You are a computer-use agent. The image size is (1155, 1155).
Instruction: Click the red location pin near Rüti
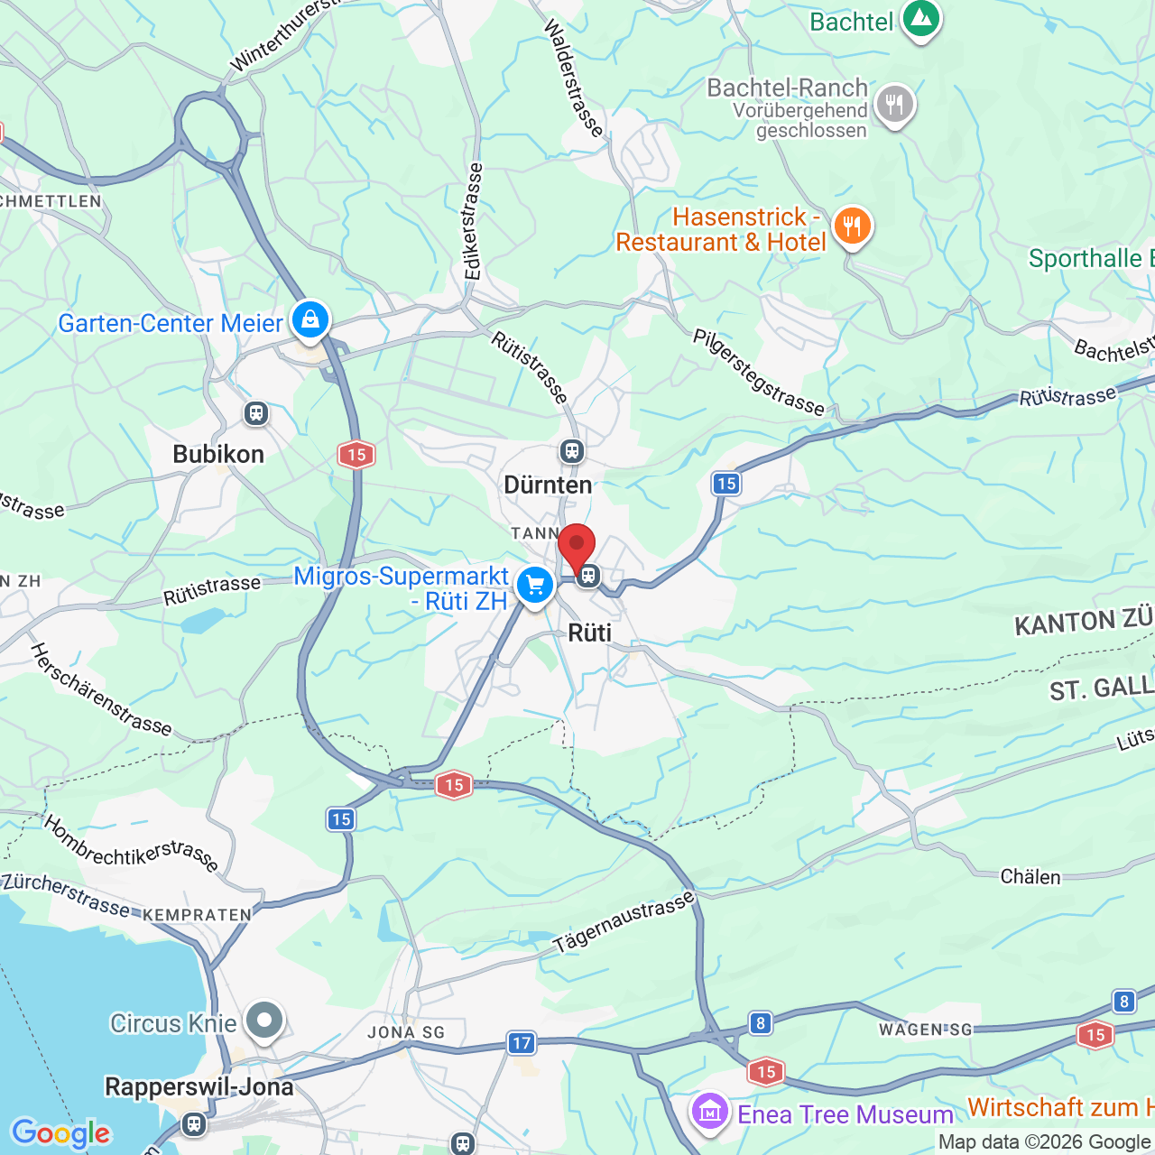577,546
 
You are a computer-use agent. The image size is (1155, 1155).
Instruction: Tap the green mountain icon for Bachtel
920,18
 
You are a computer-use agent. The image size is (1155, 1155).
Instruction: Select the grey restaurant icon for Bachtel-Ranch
894,105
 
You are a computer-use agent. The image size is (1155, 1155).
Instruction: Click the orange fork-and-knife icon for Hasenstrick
852,226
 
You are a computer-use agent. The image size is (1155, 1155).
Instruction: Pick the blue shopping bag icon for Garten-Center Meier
310,319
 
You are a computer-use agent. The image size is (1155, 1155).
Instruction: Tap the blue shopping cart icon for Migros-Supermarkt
535,587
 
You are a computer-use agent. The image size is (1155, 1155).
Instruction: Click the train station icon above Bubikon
256,413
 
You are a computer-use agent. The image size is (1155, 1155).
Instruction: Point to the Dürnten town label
548,485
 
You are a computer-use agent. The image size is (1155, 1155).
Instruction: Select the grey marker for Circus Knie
264,1021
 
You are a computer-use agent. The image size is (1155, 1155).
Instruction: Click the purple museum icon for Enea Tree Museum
710,1112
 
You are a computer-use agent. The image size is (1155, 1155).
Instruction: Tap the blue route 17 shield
522,1043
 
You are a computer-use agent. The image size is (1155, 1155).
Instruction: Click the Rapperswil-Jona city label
199,1086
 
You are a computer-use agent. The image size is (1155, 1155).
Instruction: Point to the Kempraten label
197,915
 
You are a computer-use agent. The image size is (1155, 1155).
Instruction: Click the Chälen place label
1030,877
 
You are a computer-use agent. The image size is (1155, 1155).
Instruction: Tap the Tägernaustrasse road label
624,921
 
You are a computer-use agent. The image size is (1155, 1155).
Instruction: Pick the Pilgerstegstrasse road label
758,373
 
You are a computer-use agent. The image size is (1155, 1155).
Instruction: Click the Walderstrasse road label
573,79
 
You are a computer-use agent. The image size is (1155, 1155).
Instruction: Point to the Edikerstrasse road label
473,221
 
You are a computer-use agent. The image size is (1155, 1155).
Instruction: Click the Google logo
60,1133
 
